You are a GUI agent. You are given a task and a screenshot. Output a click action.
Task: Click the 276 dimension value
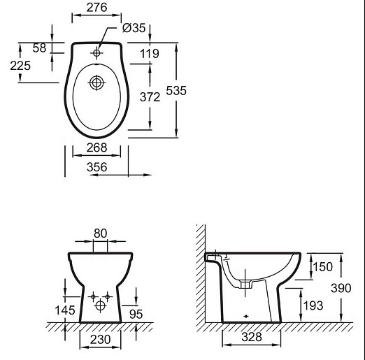96,8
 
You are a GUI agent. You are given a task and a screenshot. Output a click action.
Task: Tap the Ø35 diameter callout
134,28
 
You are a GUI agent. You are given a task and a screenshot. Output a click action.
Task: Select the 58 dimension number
39,48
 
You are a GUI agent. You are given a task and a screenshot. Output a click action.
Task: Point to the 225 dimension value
20,66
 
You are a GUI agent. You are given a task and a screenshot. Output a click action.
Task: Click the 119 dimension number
150,54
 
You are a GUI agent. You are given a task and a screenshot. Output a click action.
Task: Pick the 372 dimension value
150,97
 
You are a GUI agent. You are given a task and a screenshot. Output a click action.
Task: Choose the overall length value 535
176,91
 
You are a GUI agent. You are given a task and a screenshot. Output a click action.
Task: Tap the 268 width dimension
96,147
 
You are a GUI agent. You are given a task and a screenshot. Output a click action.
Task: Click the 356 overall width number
96,167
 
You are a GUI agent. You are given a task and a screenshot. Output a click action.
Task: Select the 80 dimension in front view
100,233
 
